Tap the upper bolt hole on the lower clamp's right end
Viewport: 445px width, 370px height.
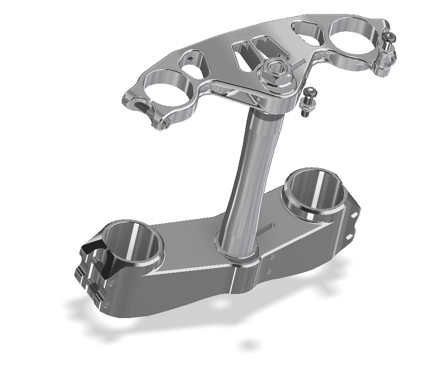(355, 214)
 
